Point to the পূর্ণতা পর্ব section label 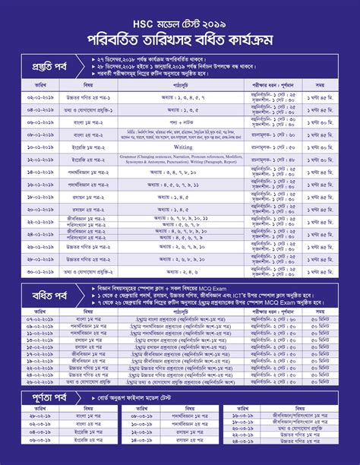point(44,398)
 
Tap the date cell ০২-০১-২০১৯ point(40,98)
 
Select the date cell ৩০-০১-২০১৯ point(40,271)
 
